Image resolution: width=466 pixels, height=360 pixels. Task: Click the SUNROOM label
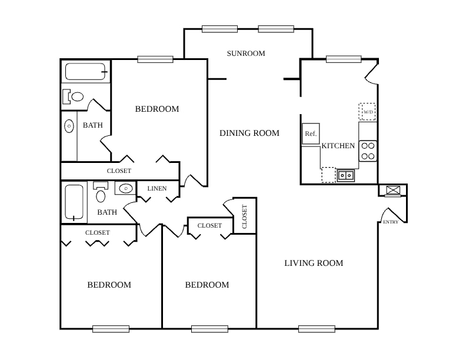pos(246,54)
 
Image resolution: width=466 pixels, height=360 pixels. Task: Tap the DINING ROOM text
pos(249,133)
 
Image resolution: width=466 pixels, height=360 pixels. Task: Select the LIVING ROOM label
pos(314,263)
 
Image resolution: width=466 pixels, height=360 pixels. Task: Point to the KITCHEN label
pos(338,146)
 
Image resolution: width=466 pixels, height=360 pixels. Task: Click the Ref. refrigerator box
pos(311,134)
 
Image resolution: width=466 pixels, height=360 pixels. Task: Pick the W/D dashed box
pos(367,112)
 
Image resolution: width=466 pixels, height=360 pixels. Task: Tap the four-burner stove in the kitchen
pos(368,151)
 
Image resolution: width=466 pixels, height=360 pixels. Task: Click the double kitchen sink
pos(346,175)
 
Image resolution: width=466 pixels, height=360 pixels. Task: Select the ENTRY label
pos(391,222)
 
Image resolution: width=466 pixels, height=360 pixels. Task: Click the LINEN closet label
pos(157,188)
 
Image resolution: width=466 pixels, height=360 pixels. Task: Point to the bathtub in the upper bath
pos(85,72)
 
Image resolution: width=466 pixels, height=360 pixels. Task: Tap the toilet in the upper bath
pos(73,96)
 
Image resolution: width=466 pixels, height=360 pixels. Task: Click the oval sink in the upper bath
pos(69,126)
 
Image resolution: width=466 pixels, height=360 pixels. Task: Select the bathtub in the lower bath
pos(74,202)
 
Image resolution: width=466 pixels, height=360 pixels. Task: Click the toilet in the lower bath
pos(101,192)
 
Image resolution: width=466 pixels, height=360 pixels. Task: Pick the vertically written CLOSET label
pos(245,216)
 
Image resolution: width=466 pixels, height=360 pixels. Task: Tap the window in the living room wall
pos(317,329)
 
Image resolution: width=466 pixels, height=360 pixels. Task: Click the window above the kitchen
pos(344,59)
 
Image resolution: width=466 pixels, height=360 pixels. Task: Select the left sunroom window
pos(219,29)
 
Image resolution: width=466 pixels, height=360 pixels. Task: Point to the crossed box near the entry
pos(393,190)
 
